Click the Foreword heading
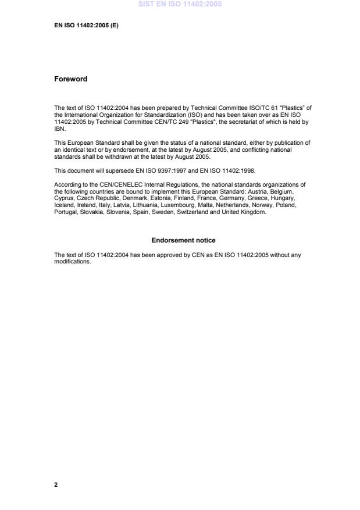coord(70,79)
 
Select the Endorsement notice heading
coord(183,240)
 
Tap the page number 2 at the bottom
coord(56,484)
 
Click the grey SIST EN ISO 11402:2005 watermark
coord(180,5)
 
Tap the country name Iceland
coord(63,205)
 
